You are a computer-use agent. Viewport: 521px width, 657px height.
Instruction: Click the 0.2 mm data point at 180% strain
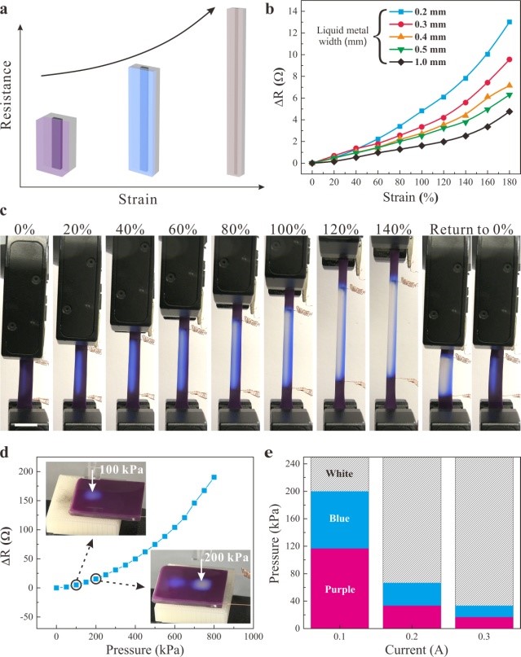click(509, 22)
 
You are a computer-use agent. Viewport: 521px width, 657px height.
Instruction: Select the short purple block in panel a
click(56, 144)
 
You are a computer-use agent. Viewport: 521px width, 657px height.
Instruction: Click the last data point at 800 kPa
click(214, 477)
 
